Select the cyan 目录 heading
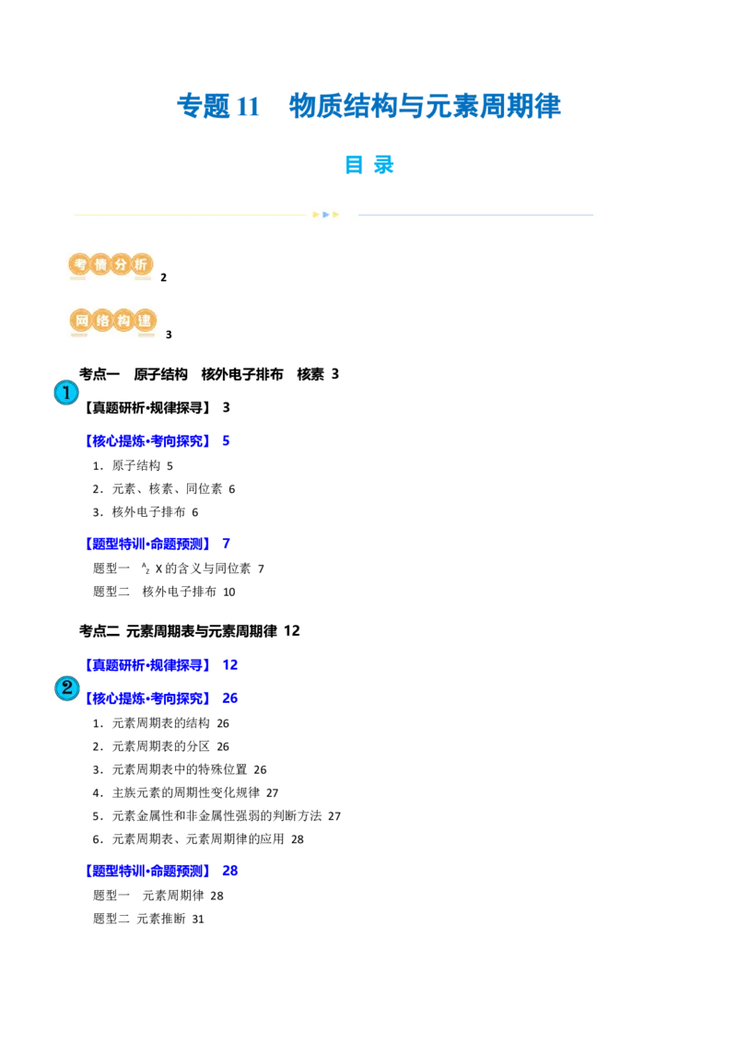(368, 166)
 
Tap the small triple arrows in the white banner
(326, 215)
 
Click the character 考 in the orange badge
(79, 265)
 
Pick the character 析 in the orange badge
(140, 265)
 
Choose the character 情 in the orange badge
(99, 265)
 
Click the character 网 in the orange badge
(81, 321)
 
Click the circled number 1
(66, 393)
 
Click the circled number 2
(67, 688)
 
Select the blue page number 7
(227, 543)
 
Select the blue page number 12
(231, 664)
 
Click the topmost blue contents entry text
(146, 440)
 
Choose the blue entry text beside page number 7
(146, 543)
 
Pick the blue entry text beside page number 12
(146, 664)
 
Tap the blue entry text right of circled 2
(146, 697)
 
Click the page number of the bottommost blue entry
(231, 871)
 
